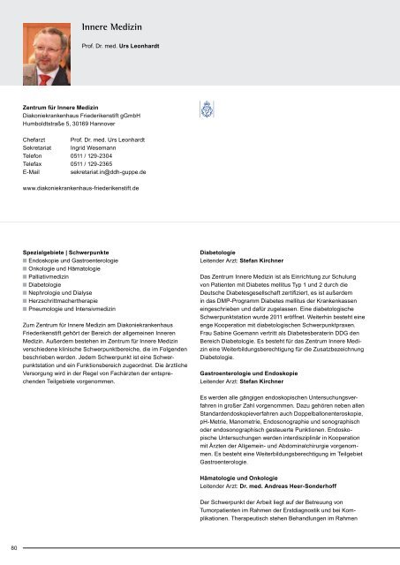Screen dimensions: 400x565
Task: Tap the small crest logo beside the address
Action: coord(204,116)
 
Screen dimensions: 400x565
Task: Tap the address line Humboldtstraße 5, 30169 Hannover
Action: coord(77,124)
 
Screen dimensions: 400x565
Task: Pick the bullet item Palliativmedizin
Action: coord(56,277)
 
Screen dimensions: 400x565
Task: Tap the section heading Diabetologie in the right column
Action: coord(223,252)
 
